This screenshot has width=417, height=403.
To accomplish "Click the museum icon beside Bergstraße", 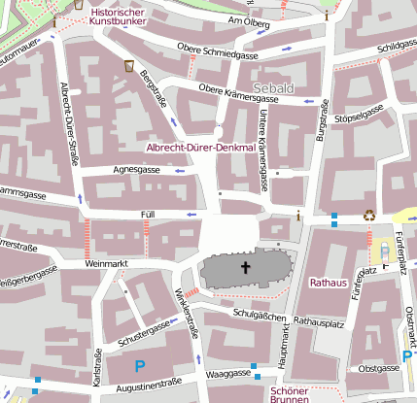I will (129, 66).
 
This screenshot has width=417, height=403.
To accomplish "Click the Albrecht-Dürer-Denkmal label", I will (199, 148).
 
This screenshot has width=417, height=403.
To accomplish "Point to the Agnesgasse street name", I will (137, 170).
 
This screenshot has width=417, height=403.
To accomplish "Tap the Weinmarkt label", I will (107, 262).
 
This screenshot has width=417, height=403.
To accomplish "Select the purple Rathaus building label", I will (328, 283).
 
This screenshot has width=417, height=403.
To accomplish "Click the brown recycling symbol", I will (369, 215).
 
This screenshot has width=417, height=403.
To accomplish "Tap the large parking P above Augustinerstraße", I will (139, 367).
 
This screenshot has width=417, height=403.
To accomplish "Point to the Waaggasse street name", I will (229, 373).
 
